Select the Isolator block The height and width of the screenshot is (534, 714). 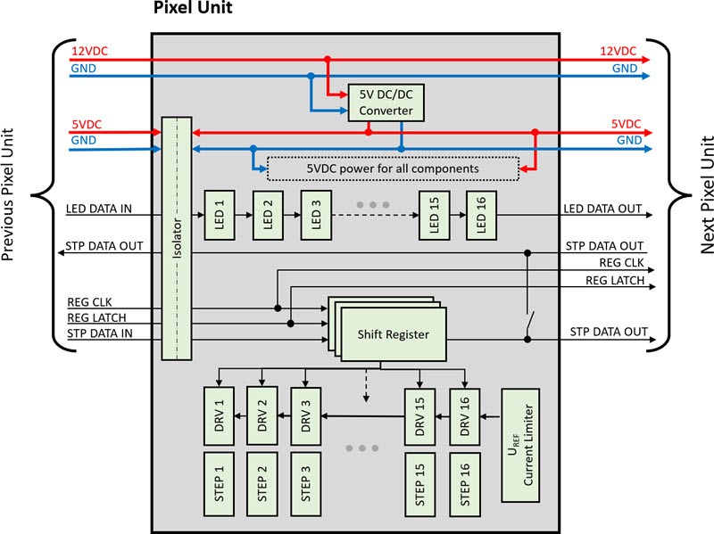(x=178, y=238)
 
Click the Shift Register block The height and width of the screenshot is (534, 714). (x=393, y=333)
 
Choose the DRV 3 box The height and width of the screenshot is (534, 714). (x=305, y=415)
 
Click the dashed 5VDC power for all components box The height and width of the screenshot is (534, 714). (x=393, y=168)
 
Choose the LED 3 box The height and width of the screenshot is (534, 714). (x=314, y=214)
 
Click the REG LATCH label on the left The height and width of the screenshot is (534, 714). (x=96, y=316)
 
